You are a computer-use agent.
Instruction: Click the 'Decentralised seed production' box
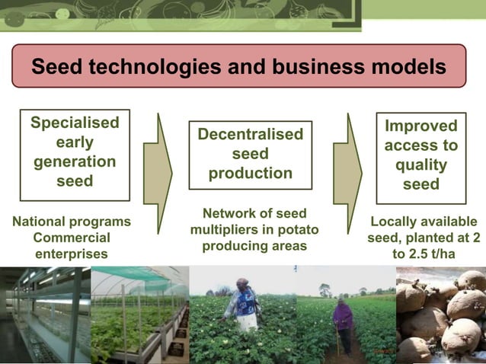point(250,155)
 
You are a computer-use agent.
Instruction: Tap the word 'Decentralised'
point(250,135)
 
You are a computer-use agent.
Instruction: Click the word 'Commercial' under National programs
point(72,238)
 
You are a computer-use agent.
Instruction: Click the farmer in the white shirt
point(241,305)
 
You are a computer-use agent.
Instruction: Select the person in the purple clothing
point(343,321)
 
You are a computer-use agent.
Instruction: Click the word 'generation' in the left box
point(75,161)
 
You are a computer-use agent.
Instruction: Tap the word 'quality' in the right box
point(420,165)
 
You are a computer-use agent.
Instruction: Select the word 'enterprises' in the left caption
point(72,254)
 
